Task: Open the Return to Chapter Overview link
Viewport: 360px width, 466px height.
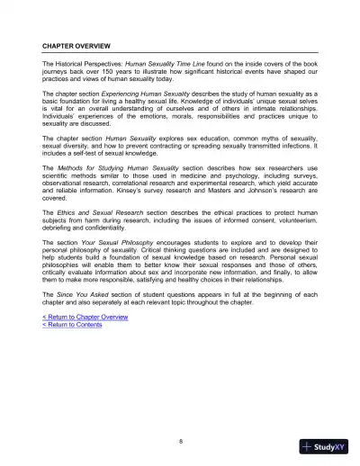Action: (85, 318)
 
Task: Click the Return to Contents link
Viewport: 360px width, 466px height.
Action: (72, 325)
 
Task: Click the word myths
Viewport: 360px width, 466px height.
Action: (247, 140)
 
